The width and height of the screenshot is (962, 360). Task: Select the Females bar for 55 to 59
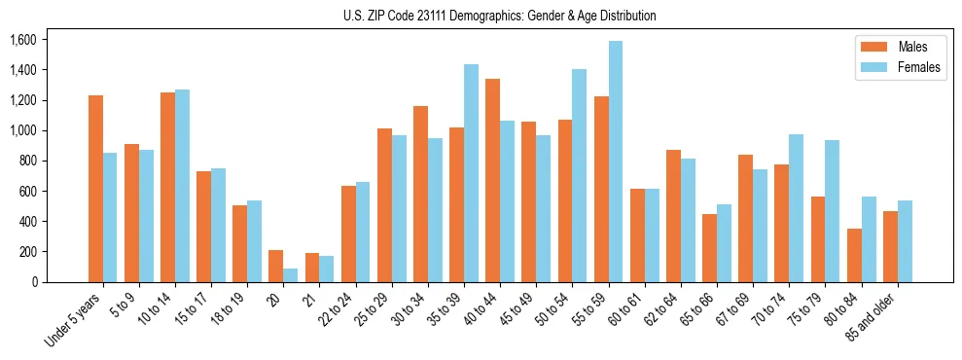[x=616, y=162]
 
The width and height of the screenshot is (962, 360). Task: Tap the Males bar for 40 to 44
[x=492, y=180]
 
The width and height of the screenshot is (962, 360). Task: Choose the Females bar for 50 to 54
[x=580, y=175]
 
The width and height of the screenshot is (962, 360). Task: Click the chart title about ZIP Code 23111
[x=499, y=16]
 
